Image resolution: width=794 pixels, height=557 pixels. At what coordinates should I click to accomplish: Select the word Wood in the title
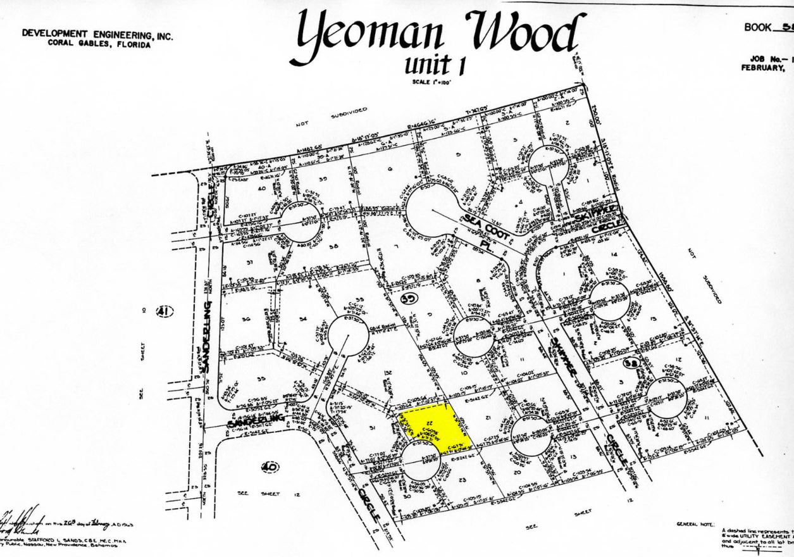[x=522, y=35]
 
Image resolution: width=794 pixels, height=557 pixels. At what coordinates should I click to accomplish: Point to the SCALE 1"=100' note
[x=430, y=82]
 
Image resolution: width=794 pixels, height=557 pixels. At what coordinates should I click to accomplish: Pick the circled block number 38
[x=630, y=363]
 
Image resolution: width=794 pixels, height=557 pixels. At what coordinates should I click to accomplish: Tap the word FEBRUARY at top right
[x=763, y=68]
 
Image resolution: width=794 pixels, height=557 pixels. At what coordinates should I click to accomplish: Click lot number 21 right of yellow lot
[x=488, y=419]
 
